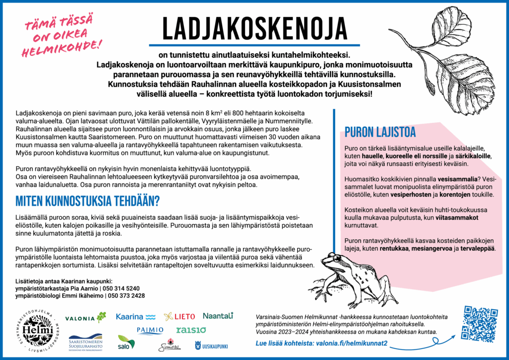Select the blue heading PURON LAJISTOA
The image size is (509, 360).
click(x=380, y=132)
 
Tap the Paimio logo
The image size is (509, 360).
click(x=150, y=330)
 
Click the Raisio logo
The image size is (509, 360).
click(x=191, y=330)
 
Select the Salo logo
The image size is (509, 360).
click(x=126, y=342)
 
